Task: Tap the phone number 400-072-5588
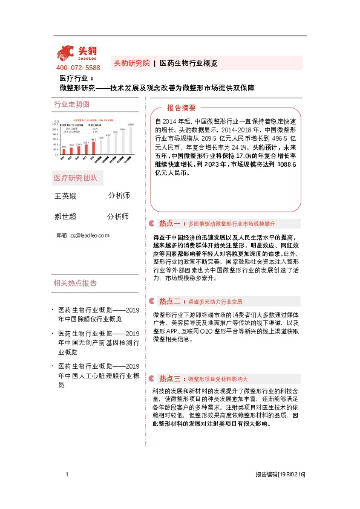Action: [78, 68]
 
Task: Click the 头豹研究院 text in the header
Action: [131, 63]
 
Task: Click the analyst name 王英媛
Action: [66, 196]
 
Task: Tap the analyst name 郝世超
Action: [66, 216]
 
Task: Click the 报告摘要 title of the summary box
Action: [181, 108]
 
